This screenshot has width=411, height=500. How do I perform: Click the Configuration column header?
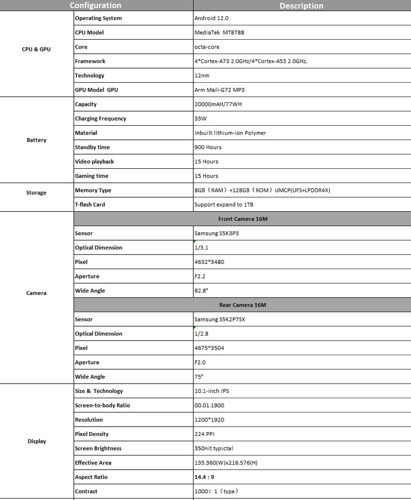click(x=95, y=5)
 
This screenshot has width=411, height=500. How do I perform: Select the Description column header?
click(x=301, y=6)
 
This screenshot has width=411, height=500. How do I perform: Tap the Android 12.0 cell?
click(x=211, y=18)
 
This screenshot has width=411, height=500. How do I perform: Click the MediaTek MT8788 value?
click(x=219, y=33)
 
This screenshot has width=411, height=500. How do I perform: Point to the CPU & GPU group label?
click(x=36, y=49)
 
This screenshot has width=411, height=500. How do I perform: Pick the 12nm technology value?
click(x=202, y=76)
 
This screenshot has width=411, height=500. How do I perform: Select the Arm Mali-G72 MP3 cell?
click(x=220, y=90)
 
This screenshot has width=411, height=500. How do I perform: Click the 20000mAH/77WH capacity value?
click(x=218, y=104)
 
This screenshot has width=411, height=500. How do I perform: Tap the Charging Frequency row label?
click(x=100, y=118)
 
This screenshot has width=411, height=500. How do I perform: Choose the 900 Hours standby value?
click(x=208, y=147)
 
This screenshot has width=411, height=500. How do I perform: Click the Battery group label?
click(x=36, y=140)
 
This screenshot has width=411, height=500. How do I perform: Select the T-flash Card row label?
click(x=90, y=205)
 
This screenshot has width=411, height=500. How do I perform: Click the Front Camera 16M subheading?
click(x=243, y=219)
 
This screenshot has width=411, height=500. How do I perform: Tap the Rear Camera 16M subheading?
click(x=242, y=305)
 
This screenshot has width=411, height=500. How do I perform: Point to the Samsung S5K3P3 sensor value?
click(x=217, y=233)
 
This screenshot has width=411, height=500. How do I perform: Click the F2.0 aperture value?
click(x=200, y=363)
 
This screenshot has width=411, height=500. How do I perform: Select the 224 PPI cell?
click(x=205, y=434)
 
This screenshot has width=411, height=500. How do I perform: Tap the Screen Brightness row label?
click(x=98, y=448)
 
